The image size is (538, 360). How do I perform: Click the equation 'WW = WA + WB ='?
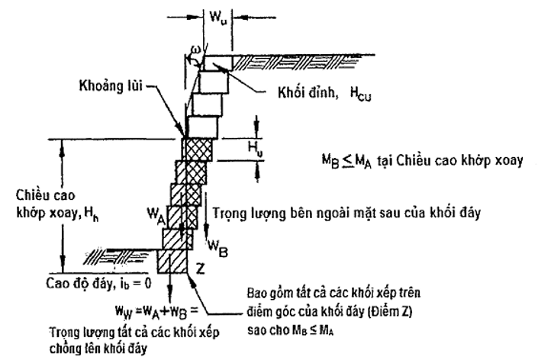coord(159,311)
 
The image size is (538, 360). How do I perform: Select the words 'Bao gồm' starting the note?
coord(263,293)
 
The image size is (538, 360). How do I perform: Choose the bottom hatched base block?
coord(172,262)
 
